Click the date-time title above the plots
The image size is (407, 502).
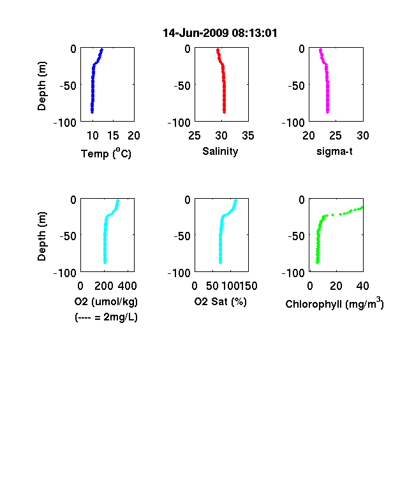[220, 33]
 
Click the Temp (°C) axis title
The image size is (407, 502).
[106, 153]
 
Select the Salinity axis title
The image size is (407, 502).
[220, 151]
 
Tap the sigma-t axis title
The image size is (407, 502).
[334, 151]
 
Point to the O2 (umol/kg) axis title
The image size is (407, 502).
[106, 301]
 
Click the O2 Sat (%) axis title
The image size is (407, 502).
[221, 301]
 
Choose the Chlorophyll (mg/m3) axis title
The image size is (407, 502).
[334, 303]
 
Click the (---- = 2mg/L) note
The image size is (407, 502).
[106, 317]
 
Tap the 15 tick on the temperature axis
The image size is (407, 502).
[113, 136]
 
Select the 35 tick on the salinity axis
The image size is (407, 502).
[248, 136]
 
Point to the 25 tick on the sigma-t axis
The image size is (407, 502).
[336, 136]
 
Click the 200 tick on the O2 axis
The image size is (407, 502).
[104, 286]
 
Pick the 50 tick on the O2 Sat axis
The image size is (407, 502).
[212, 286]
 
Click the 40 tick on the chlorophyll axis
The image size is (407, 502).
[362, 286]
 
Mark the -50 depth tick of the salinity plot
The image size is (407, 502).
[182, 86]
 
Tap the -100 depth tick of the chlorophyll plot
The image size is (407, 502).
[293, 273]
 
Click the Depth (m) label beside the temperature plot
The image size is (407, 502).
[41, 86]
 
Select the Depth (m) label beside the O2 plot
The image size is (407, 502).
[41, 236]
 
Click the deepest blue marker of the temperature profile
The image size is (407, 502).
[92, 112]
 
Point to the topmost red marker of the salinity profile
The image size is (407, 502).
[218, 50]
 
